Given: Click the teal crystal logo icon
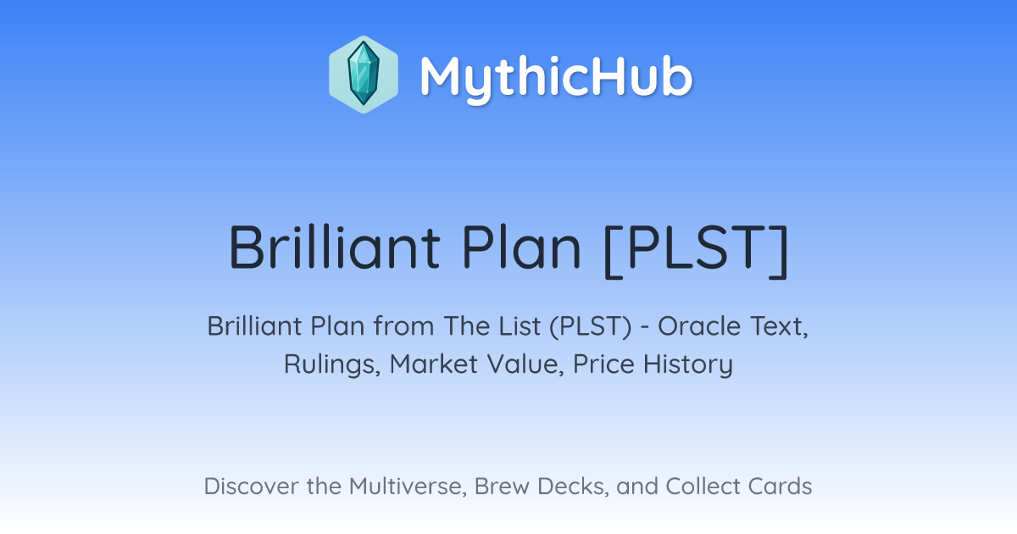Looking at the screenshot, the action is coord(364,75).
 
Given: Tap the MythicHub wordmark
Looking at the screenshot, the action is coord(556,77).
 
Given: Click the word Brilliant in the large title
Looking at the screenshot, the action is coord(335,247).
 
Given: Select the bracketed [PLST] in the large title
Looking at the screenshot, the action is coord(697,250).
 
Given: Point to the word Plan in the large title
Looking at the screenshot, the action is coord(522,247).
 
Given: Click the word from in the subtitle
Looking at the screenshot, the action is coord(404,326).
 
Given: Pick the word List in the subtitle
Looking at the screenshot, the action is coord(519,326).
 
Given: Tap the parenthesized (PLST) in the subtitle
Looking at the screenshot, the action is coord(590,327).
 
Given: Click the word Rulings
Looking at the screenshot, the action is coord(332,364).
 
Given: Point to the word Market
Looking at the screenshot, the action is coord(434,364).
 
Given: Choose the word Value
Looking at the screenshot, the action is coord(525,364).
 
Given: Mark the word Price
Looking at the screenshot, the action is coord(603,364).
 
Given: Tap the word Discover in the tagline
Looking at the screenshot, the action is coord(252,486).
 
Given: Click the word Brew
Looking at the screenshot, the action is coord(502,486).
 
